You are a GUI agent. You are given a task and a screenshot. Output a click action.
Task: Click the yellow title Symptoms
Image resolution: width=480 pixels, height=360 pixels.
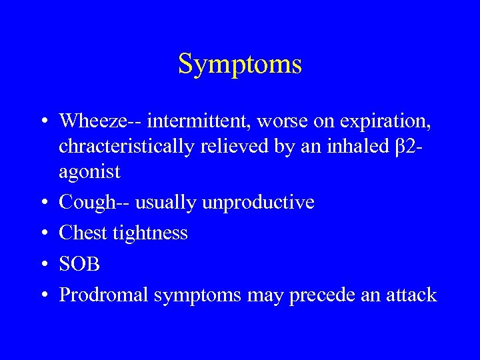click(240, 65)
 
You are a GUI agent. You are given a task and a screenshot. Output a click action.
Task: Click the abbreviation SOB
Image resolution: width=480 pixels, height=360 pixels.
click(79, 264)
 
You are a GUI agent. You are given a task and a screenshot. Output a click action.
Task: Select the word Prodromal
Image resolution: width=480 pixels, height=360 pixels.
click(104, 294)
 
